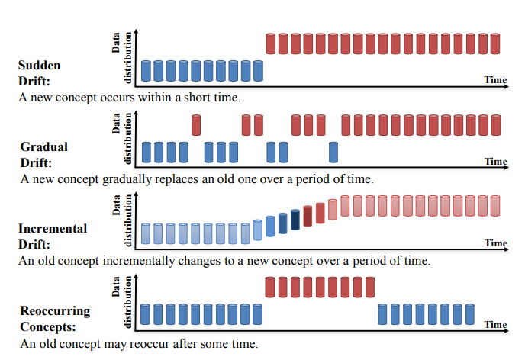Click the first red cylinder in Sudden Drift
(271, 43)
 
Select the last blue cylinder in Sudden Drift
(258, 71)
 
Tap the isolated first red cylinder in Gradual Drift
(196, 124)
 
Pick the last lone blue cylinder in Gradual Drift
(333, 152)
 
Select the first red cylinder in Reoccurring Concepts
(271, 288)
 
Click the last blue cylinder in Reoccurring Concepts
(469, 314)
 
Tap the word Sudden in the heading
(38, 66)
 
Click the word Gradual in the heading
(43, 146)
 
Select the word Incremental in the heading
(53, 228)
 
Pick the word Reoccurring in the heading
(54, 310)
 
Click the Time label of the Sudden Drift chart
(495, 80)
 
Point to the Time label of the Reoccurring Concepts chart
(495, 325)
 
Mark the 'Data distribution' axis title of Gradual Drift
(121, 138)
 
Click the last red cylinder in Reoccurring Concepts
(370, 288)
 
